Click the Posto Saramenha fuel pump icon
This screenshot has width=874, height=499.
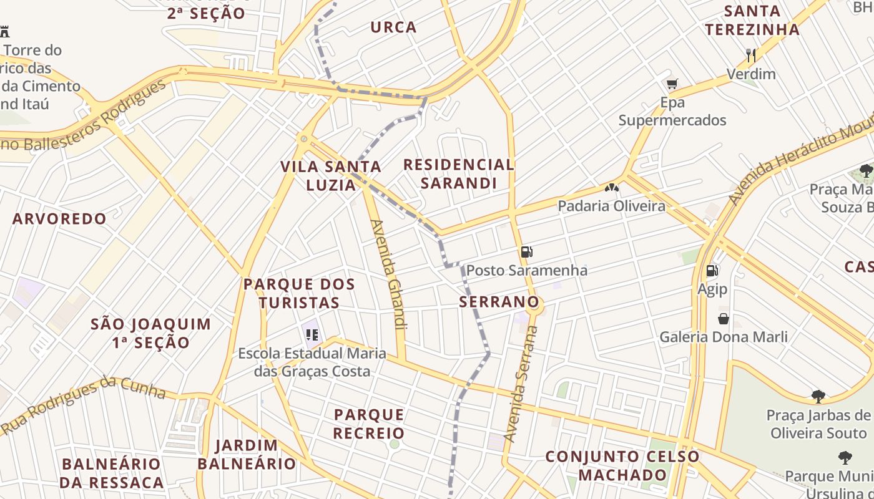tap(526, 252)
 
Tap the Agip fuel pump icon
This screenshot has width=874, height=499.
tap(712, 271)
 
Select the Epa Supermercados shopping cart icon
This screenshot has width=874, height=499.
tap(672, 84)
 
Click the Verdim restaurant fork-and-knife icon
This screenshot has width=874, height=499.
tap(751, 56)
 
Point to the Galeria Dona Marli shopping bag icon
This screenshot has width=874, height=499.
tap(723, 319)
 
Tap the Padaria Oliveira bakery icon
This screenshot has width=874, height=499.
tap(611, 187)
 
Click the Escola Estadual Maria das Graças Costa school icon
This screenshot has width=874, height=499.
tap(312, 335)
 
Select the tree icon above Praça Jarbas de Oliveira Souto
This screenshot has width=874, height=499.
tap(818, 396)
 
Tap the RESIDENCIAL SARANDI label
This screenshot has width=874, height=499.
tap(459, 174)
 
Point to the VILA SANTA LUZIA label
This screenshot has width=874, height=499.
tap(331, 175)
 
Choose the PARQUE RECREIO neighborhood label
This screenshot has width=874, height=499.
tap(369, 424)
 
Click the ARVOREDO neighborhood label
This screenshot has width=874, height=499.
tap(59, 219)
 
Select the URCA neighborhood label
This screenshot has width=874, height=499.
tap(393, 27)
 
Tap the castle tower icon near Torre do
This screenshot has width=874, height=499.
tap(5, 31)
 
